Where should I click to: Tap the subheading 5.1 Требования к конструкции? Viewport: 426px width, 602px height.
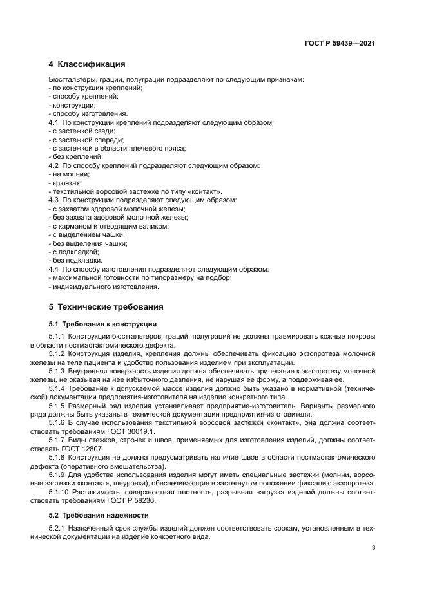tap(102, 324)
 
